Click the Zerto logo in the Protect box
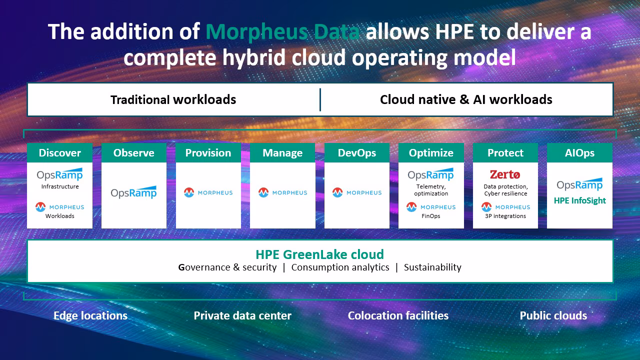[x=505, y=174]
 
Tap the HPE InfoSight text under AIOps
[x=579, y=200]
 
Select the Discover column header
[x=59, y=153]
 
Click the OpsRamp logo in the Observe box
[x=133, y=192]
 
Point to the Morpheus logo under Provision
[x=208, y=192]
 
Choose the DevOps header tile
[x=357, y=153]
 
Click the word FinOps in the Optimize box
[x=431, y=216]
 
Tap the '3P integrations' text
[x=505, y=216]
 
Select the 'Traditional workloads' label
[x=173, y=99]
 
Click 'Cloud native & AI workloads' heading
[x=466, y=99]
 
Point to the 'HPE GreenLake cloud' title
[x=319, y=254]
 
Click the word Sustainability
[x=432, y=267]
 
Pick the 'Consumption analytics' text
[x=340, y=267]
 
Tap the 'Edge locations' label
[x=90, y=315]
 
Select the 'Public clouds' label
[x=553, y=315]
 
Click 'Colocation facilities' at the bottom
[x=398, y=315]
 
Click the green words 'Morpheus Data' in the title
[x=282, y=31]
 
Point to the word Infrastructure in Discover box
[x=60, y=186]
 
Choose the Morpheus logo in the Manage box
[x=282, y=192]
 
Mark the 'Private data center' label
[x=242, y=315]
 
